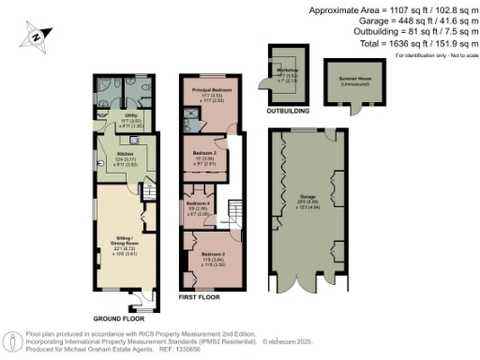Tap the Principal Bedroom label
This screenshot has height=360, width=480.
click(x=213, y=90)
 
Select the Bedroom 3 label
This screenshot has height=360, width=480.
click(x=204, y=152)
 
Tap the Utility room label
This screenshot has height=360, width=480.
click(x=131, y=116)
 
